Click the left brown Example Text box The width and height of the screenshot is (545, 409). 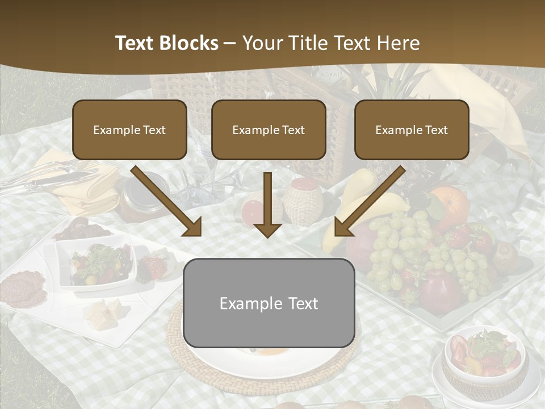pos(129,130)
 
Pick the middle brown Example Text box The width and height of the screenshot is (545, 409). pos(269,130)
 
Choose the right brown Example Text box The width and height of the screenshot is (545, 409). pos(412,130)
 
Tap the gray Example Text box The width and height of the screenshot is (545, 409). pos(269,303)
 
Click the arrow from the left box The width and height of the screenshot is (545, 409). pos(167,202)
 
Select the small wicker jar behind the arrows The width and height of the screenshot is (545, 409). pos(303,201)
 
